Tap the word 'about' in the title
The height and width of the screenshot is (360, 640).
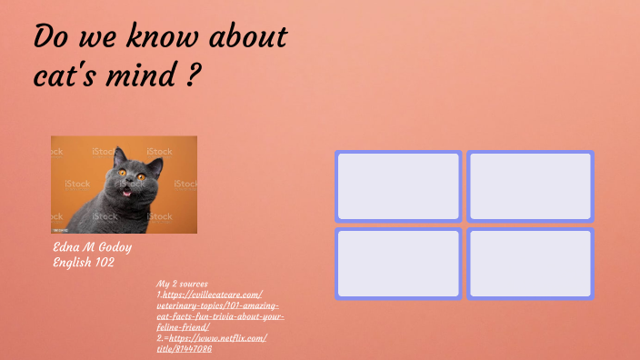click(247, 38)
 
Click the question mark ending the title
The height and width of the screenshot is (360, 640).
click(192, 75)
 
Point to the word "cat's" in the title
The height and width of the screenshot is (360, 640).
click(66, 75)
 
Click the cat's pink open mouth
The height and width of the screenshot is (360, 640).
click(127, 191)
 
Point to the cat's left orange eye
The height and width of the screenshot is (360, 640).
click(122, 174)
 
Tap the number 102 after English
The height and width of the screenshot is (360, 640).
click(101, 262)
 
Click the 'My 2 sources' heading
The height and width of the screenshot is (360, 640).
click(183, 284)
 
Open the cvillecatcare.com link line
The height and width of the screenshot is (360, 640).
click(214, 295)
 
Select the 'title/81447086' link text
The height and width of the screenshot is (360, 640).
click(184, 348)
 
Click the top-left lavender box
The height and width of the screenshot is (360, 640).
click(398, 186)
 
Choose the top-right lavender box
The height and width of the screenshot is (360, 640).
click(530, 186)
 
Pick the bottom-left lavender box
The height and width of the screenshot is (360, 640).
click(398, 264)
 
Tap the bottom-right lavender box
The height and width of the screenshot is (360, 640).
click(530, 264)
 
